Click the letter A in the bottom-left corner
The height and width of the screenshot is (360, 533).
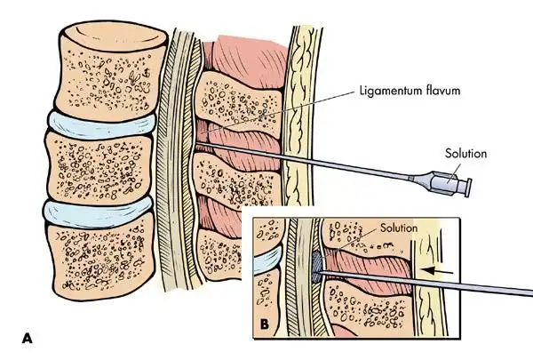point(28,337)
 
